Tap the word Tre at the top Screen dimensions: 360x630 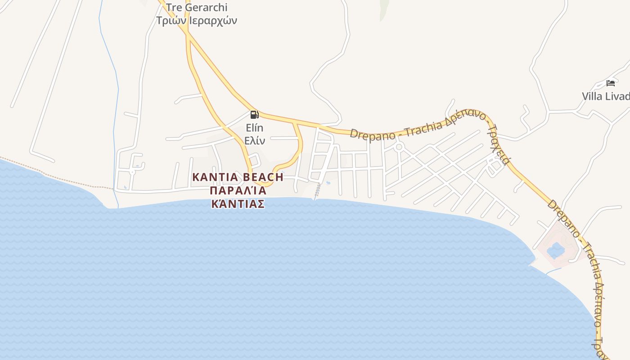pyautogui.click(x=173, y=8)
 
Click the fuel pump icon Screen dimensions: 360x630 pyautogui.click(x=254, y=114)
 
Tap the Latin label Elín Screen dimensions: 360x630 pyautogui.click(x=254, y=128)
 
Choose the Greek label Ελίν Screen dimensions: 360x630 pyautogui.click(x=254, y=140)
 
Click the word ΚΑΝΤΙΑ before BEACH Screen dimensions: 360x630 pyautogui.click(x=214, y=177)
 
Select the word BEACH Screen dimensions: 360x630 pyautogui.click(x=263, y=177)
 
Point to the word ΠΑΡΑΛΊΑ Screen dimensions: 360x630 pyautogui.click(x=238, y=190)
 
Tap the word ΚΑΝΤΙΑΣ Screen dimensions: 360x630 pyautogui.click(x=238, y=204)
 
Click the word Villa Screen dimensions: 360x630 pyautogui.click(x=592, y=96)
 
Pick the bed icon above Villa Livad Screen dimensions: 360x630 pyautogui.click(x=611, y=83)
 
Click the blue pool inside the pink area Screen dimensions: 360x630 pyautogui.click(x=556, y=250)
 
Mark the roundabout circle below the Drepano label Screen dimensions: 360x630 pyautogui.click(x=399, y=147)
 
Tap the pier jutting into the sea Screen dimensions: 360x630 pyautogui.click(x=318, y=192)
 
